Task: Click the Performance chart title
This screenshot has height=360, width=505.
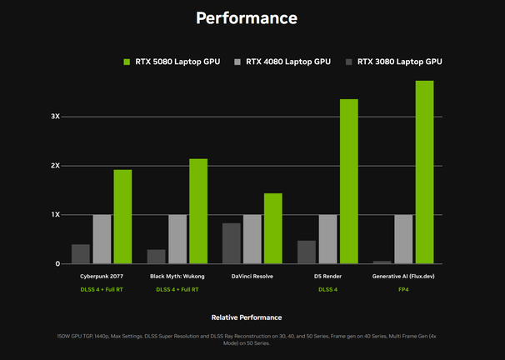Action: click(x=246, y=17)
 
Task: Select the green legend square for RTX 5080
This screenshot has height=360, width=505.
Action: click(x=127, y=62)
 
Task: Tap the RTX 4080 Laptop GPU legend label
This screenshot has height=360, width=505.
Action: click(x=288, y=62)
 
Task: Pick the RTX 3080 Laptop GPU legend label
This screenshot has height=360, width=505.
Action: click(x=399, y=62)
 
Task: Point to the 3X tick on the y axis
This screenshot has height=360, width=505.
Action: click(x=55, y=117)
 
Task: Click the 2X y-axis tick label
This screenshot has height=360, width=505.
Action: click(x=55, y=166)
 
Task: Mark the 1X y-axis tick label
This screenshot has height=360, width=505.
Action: click(x=55, y=215)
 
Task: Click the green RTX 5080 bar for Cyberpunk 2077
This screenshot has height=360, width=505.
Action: click(x=122, y=217)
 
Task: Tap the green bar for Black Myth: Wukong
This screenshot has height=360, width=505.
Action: click(x=198, y=211)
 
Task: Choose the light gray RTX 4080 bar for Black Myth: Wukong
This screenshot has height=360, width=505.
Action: click(x=177, y=239)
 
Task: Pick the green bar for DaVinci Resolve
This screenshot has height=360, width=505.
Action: click(x=273, y=228)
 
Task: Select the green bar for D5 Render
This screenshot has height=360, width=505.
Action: click(x=348, y=182)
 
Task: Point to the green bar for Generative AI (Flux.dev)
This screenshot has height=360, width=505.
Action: click(x=424, y=172)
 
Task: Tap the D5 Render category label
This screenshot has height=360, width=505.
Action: click(x=327, y=276)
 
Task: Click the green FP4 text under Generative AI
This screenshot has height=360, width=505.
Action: click(x=402, y=290)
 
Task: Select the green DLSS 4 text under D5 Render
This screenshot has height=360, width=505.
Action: click(x=327, y=290)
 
